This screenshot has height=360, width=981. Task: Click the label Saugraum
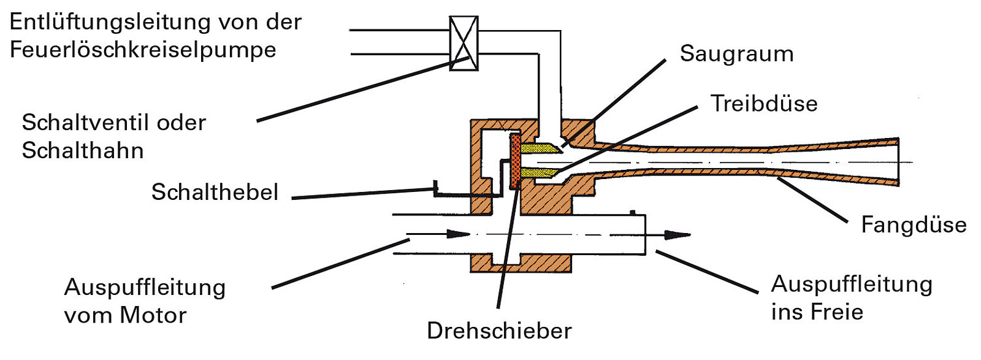click(x=736, y=54)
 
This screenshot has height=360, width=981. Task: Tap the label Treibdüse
click(x=764, y=103)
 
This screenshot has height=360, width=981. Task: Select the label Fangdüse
click(x=914, y=224)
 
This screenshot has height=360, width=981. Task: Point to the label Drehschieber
click(x=499, y=331)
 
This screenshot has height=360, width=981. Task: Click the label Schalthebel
click(x=215, y=192)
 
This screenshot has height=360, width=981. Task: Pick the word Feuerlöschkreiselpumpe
click(x=143, y=50)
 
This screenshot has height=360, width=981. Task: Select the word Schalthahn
click(x=83, y=150)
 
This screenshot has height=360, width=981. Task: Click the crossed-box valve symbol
click(x=464, y=43)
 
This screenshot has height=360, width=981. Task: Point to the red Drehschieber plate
click(x=514, y=163)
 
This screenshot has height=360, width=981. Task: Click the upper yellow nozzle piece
click(x=539, y=148)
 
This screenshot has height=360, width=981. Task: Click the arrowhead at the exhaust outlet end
click(x=678, y=234)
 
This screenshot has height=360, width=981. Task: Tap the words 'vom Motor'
click(x=125, y=315)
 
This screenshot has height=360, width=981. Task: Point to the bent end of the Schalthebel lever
click(x=436, y=187)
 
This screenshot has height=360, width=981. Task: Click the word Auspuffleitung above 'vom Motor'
click(x=145, y=287)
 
